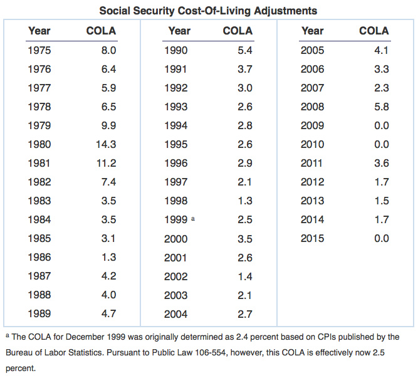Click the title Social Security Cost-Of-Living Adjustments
208,11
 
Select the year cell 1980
39,144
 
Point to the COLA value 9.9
108,125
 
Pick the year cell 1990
175,50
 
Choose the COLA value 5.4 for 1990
244,50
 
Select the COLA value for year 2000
244,238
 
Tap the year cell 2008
312,107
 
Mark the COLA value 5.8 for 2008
381,107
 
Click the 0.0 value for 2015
381,238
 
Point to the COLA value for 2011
381,163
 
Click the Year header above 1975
39,31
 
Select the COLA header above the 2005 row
374,31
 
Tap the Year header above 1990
179,31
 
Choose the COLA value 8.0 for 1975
108,50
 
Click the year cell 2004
175,313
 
